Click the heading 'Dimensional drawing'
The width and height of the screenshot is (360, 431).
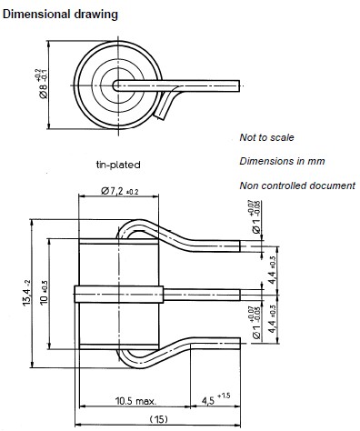pyautogui.click(x=60, y=15)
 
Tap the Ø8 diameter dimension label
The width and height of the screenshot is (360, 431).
pyautogui.click(x=42, y=84)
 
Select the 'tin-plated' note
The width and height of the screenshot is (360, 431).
pyautogui.click(x=118, y=165)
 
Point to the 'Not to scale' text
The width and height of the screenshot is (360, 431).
pyautogui.click(x=266, y=137)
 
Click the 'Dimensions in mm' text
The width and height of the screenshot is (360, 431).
pyautogui.click(x=282, y=161)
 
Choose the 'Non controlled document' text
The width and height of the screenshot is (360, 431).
pyautogui.click(x=297, y=185)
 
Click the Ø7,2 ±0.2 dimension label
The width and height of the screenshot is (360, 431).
pyautogui.click(x=120, y=191)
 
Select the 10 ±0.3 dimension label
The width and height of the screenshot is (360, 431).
pyautogui.click(x=45, y=293)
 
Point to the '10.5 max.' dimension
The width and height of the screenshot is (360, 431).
pyautogui.click(x=135, y=401)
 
